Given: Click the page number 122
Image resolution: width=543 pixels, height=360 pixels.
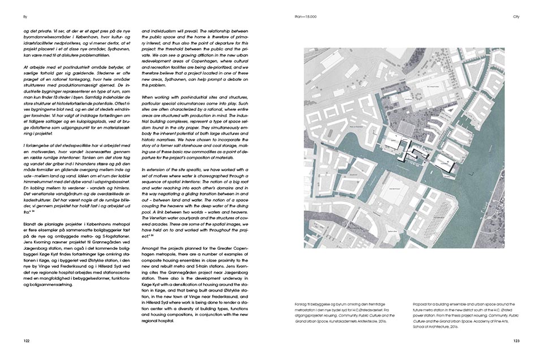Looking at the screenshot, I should (27, 341).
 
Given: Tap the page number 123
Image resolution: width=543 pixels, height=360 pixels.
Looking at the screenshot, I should (516, 341).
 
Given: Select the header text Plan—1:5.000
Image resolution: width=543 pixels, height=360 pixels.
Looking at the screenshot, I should (307, 17).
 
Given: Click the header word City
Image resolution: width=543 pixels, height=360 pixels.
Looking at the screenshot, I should (516, 17).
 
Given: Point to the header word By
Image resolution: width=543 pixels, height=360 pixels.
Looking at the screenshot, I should (25, 17).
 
